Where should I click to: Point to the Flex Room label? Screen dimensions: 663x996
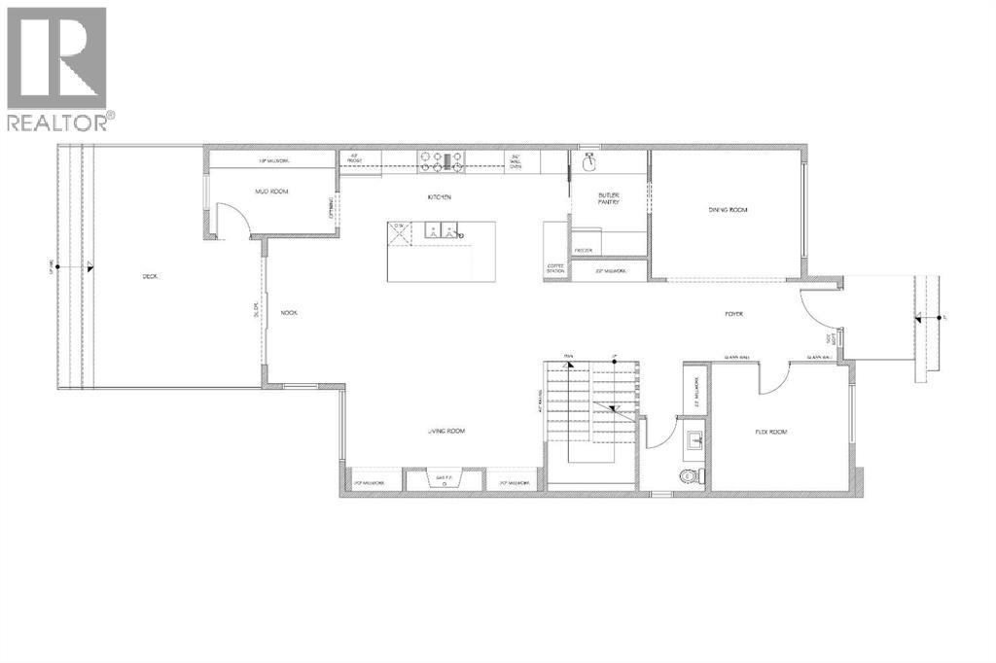coord(770,431)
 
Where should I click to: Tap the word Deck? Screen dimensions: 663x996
coord(150,276)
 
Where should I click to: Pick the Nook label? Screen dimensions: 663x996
coord(288,313)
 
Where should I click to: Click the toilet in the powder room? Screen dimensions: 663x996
coord(692,474)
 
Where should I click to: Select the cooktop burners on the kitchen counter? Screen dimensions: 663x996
coord(442,158)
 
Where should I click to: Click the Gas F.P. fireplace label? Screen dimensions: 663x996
coord(444,478)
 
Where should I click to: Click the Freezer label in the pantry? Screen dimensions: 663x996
coord(584,250)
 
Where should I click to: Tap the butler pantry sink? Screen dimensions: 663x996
coord(589,160)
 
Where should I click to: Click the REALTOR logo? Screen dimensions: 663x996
coord(58,68)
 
